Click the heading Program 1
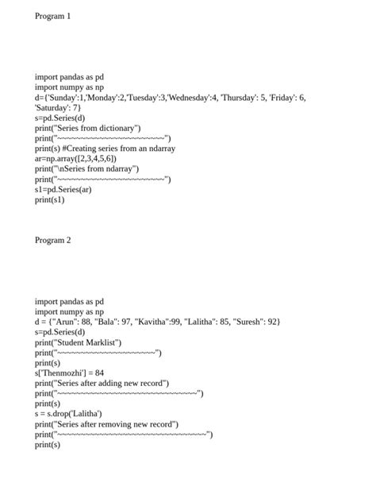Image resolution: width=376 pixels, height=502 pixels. [52, 16]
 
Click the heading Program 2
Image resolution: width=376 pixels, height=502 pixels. [52, 240]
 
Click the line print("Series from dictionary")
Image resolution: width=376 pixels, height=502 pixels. [87, 128]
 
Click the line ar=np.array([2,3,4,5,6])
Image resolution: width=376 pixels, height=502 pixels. [75, 159]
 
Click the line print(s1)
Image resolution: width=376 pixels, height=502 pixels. [49, 200]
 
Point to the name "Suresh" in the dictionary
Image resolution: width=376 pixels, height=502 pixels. [245, 322]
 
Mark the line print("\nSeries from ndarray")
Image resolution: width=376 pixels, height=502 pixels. [86, 169]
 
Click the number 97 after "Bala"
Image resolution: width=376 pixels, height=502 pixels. [124, 322]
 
